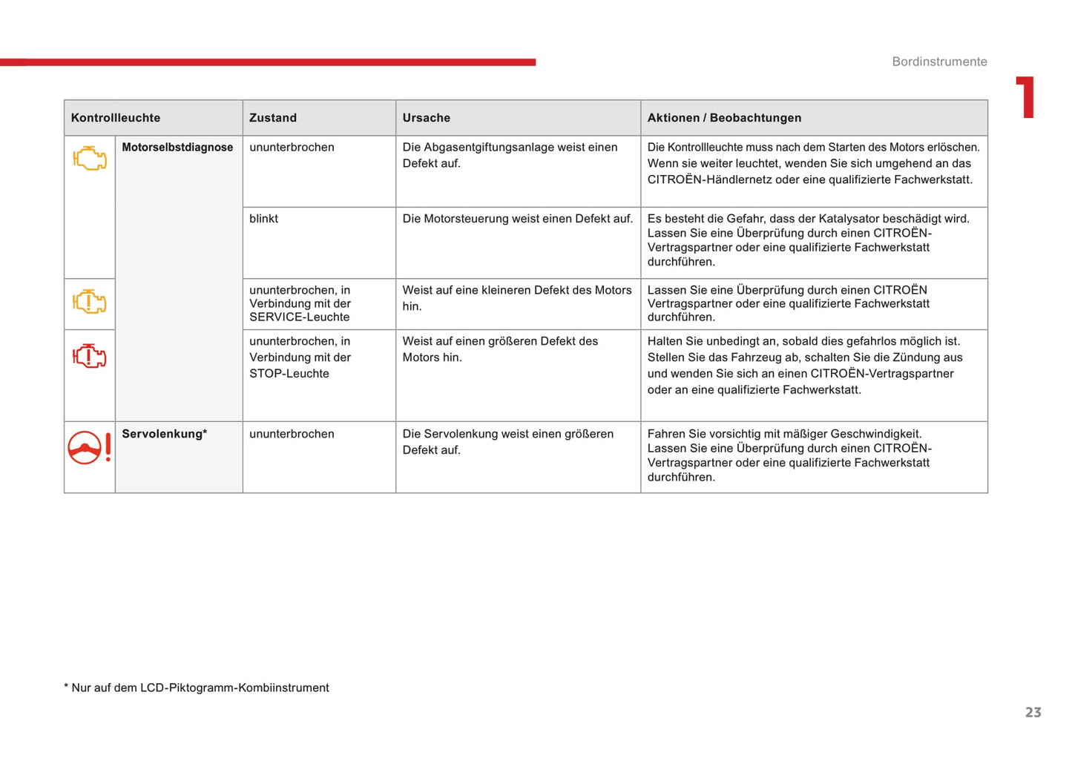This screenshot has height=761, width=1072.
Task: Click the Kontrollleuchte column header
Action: coord(116,118)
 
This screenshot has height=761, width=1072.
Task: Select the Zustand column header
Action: coord(273,118)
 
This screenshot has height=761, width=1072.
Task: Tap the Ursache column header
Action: coord(427,118)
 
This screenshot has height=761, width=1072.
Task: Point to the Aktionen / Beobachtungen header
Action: coord(724,118)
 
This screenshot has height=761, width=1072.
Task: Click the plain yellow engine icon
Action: coord(90,158)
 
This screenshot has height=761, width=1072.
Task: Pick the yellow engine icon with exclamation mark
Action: coord(90,302)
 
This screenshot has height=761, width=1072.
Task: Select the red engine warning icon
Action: coord(90,357)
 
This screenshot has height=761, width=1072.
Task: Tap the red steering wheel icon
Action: coord(85,448)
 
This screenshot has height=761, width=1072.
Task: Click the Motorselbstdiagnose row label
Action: coord(177,148)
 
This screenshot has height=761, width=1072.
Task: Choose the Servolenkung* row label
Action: coord(164,434)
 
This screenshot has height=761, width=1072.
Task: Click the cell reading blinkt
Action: coord(264,219)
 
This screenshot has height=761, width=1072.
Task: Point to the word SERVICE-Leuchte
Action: coord(299,317)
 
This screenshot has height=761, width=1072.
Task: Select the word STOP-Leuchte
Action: coord(289,374)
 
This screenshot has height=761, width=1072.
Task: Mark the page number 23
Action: coord(1033,713)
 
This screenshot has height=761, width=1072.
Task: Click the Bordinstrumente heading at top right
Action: coord(939,62)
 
